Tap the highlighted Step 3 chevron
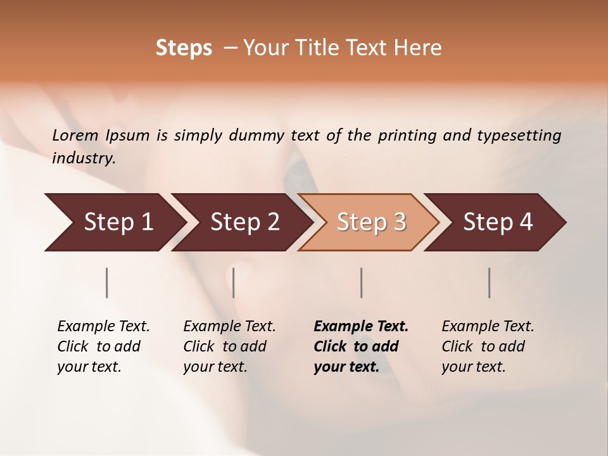click(x=371, y=222)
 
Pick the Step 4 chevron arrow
click(x=498, y=222)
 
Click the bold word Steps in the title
click(x=184, y=48)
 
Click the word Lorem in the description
click(x=75, y=135)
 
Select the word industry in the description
click(x=84, y=158)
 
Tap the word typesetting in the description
click(x=519, y=135)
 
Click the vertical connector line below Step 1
click(x=107, y=282)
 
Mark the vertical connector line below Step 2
click(x=234, y=282)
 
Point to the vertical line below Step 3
click(x=361, y=282)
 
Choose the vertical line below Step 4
click(x=489, y=282)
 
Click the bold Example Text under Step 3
click(x=361, y=327)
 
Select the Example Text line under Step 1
click(x=104, y=327)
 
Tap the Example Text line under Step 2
click(x=230, y=327)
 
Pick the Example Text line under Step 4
click(x=488, y=327)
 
